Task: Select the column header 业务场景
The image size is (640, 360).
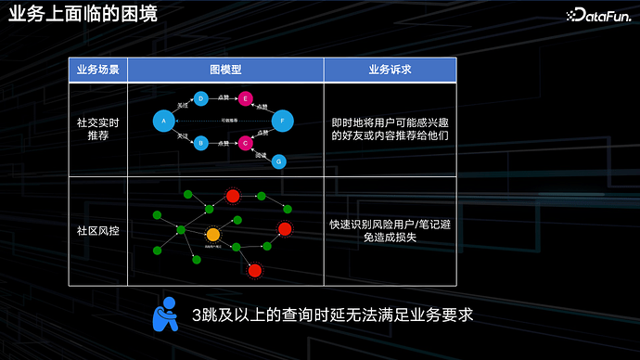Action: [97, 70]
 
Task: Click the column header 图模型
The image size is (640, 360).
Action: [224, 70]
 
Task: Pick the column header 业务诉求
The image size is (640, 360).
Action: [389, 70]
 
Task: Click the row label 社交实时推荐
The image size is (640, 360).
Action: [97, 128]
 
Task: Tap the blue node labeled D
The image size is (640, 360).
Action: [200, 97]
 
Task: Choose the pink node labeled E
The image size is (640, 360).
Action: [245, 98]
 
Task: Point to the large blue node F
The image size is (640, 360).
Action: [282, 121]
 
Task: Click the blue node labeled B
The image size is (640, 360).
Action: [200, 143]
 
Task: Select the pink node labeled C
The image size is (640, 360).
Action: [245, 143]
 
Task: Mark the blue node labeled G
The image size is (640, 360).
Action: [279, 161]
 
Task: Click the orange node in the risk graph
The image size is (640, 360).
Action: [213, 234]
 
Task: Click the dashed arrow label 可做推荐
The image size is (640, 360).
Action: [229, 121]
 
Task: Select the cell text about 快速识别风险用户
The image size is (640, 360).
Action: [389, 231]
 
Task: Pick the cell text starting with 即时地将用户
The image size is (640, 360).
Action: [389, 128]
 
